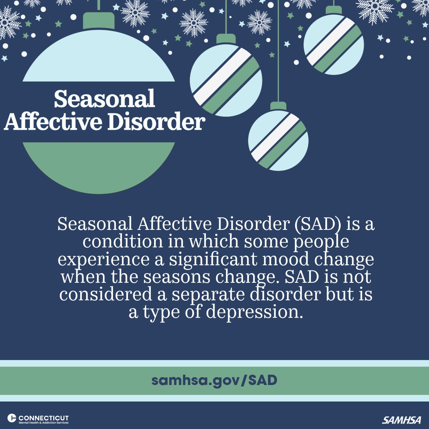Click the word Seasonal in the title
104,99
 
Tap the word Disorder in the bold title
156,122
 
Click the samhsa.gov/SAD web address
214,380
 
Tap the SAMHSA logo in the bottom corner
401,420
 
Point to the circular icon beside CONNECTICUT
12,418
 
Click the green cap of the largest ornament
99,21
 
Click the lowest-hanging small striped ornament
278,140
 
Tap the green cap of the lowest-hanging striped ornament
278,106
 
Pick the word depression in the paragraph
252,312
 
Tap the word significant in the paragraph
213,260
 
